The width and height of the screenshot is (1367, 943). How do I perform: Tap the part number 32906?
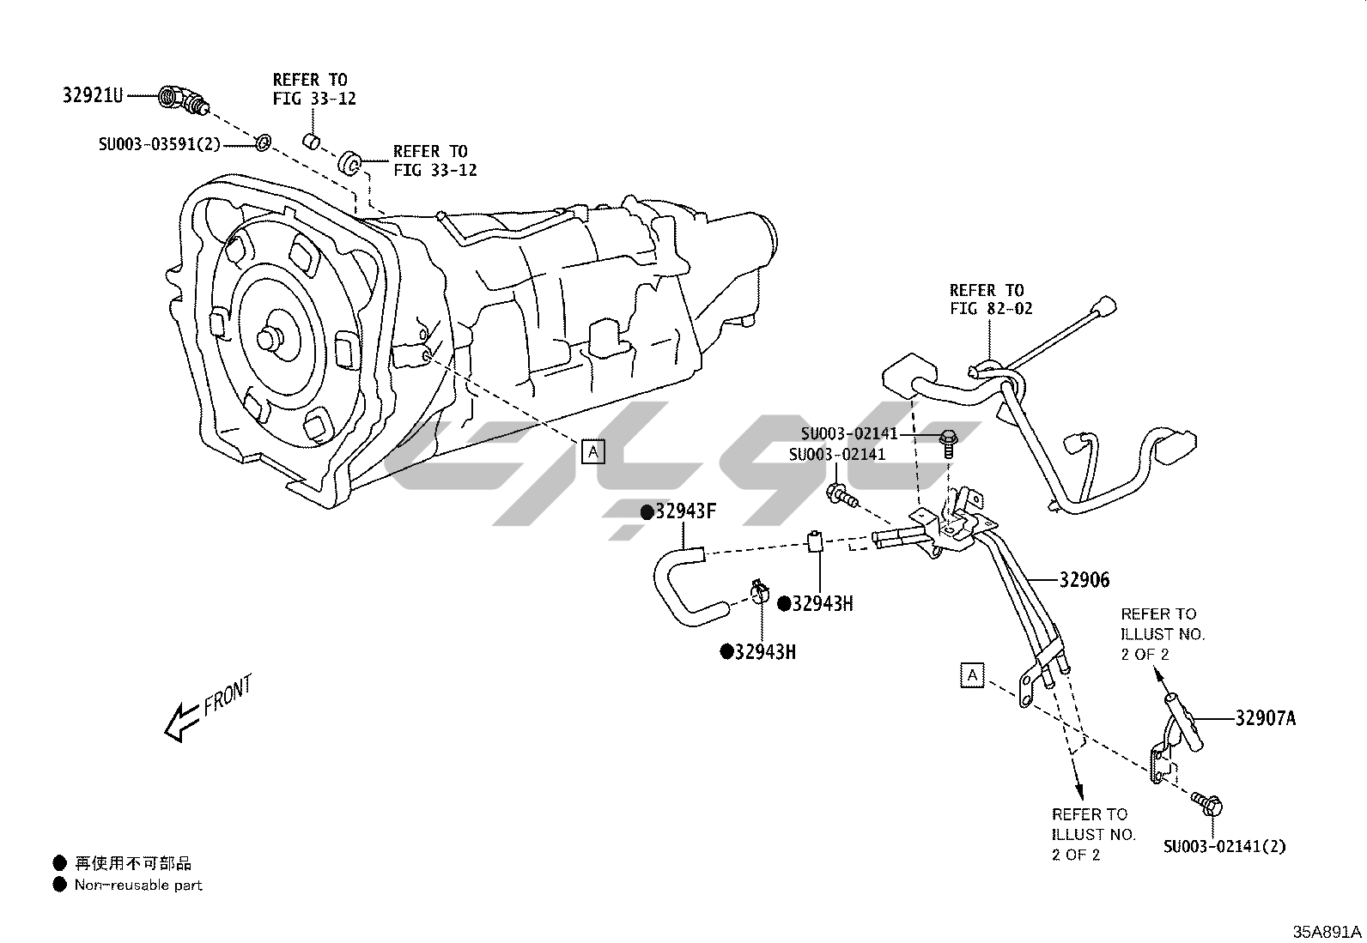click(x=1084, y=581)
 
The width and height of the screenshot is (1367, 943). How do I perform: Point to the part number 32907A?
click(x=1265, y=718)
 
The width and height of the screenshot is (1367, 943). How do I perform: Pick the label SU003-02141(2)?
click(x=1225, y=846)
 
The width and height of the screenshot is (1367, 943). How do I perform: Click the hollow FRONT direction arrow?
click(x=184, y=719)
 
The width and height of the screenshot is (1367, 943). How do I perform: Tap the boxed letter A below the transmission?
click(x=593, y=451)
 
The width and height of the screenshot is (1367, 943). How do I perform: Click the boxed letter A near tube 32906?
click(x=972, y=675)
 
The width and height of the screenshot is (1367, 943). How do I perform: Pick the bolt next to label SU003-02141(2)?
click(x=1206, y=804)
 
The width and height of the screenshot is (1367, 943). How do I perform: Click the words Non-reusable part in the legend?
click(x=138, y=885)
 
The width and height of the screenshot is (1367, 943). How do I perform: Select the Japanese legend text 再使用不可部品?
click(x=133, y=863)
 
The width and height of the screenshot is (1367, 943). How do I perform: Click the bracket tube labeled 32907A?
click(x=1182, y=721)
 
